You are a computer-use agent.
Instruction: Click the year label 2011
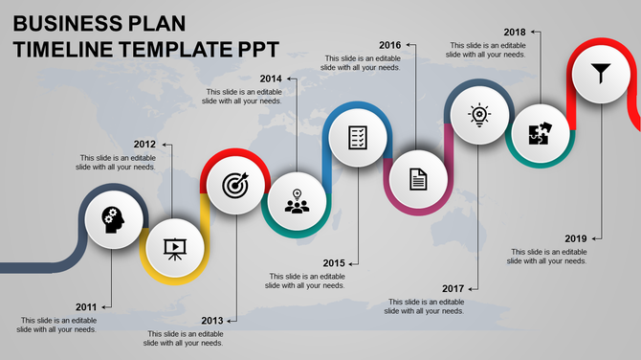[86, 306]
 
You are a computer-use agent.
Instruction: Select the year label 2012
[144, 145]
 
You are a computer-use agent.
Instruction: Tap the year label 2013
[212, 320]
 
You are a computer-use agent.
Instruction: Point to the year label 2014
[271, 79]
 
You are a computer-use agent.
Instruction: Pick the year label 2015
[334, 262]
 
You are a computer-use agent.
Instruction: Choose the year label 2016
[389, 45]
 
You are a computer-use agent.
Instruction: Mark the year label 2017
[453, 288]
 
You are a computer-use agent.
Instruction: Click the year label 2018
[515, 32]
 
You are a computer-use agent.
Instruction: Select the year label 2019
[576, 238]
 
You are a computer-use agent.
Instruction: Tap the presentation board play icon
[174, 248]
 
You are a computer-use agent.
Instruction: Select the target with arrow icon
[234, 184]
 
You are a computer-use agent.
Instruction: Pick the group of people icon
[298, 202]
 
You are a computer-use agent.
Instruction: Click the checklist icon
[358, 137]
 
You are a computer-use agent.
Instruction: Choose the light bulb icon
[478, 115]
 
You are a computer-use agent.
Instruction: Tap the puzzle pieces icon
[539, 135]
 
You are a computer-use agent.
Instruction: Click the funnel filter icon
[601, 72]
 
